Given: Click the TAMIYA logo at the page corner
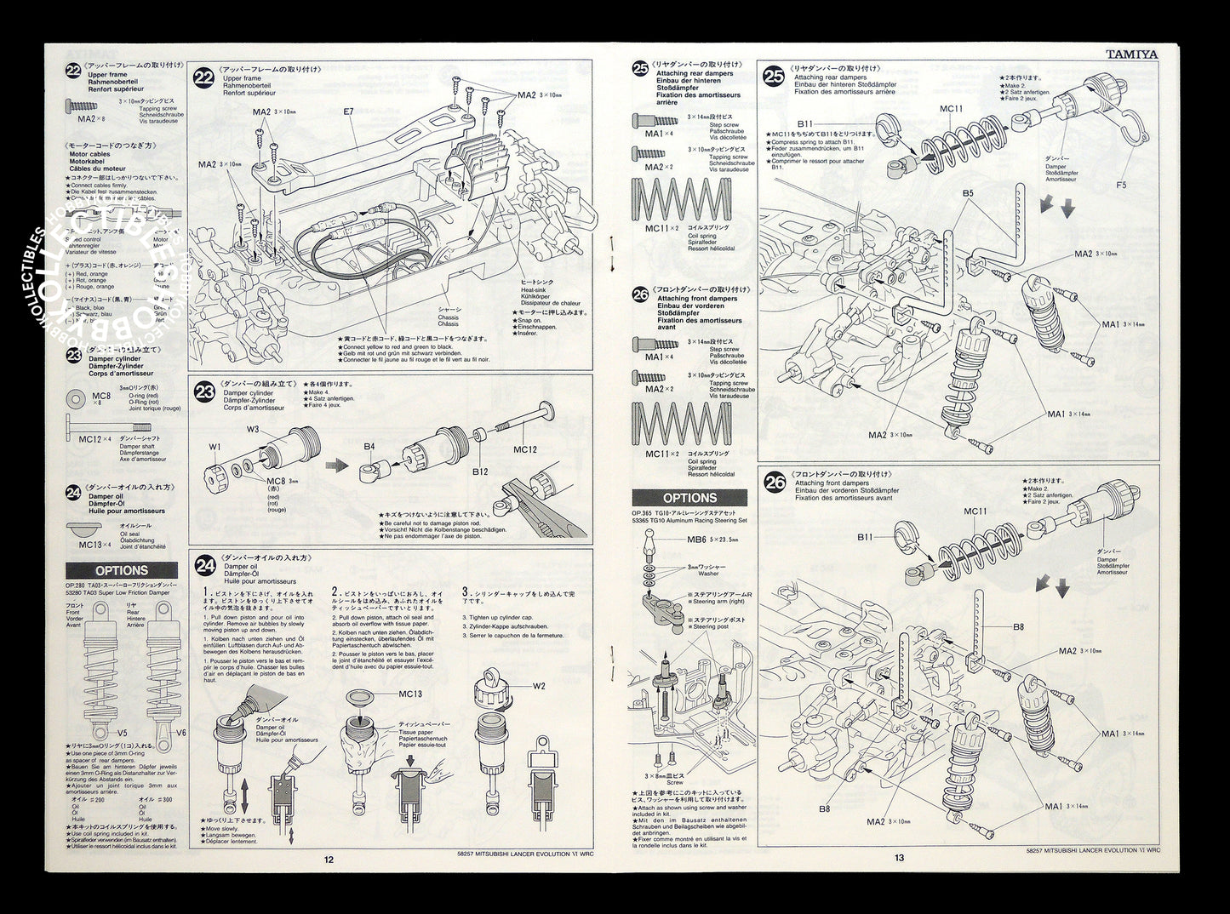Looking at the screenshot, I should pos(1131,53).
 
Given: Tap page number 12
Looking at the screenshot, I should pos(329,858).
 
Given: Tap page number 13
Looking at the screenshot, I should pos(899,858).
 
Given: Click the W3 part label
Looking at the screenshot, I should pos(253,429).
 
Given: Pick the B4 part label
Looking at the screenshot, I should pos(369,445).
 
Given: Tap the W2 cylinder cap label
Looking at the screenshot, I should pos(539,686).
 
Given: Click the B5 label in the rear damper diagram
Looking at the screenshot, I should pos(969,193).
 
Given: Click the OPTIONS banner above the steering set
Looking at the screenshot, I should pos(689,498).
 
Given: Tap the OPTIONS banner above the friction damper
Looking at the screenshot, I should pos(122,570).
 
